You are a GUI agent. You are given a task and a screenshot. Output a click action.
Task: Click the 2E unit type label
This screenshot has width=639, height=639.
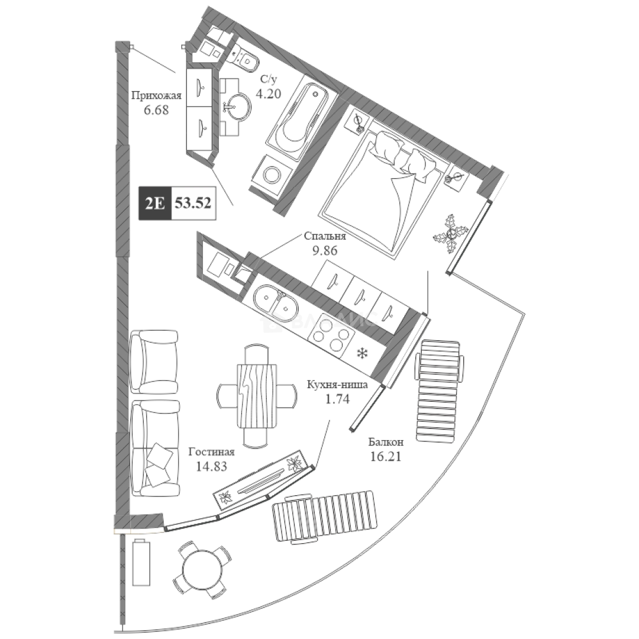pyautogui.click(x=154, y=204)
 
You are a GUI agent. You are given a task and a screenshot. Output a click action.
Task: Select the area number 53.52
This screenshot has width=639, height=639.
pyautogui.click(x=193, y=204)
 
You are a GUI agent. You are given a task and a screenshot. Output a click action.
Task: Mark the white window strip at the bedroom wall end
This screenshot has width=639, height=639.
pyautogui.click(x=499, y=185)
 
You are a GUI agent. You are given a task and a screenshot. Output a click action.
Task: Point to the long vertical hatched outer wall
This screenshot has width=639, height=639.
pyautogui.click(x=122, y=278)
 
